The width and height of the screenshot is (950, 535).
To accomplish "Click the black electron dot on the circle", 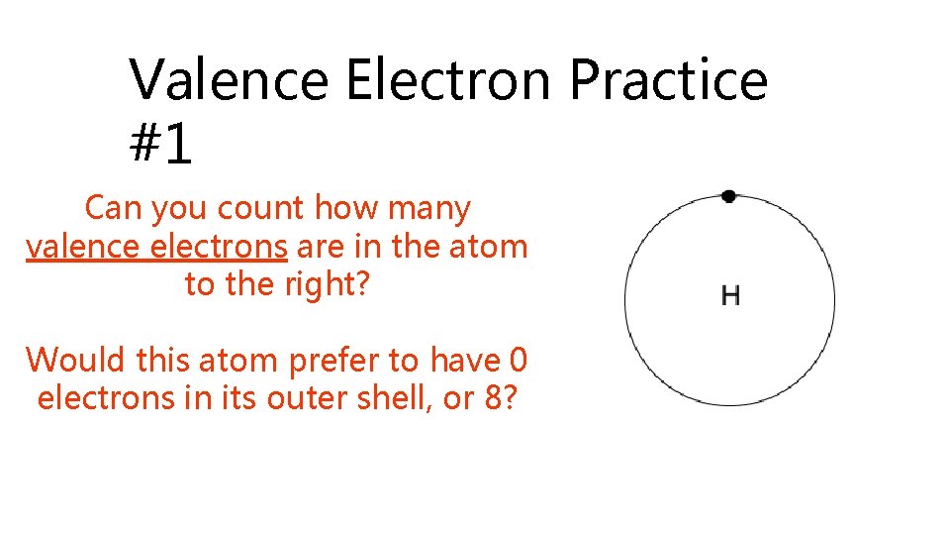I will pos(728,196).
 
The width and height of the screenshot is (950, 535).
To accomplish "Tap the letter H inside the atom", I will pos(730,295).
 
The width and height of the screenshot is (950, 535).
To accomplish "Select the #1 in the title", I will pos(160,144).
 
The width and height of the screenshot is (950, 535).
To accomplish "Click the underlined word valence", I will pos(83,246).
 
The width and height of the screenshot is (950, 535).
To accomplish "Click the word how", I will pos(345,209).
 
